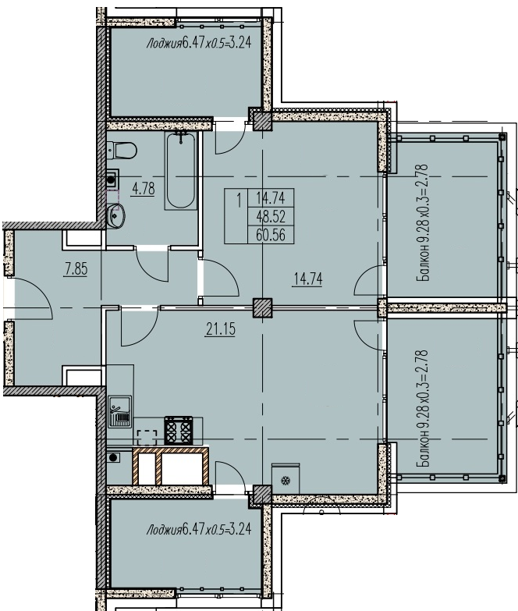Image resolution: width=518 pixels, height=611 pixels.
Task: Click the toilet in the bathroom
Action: coord(122,150)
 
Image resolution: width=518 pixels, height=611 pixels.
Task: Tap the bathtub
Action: coord(180,170)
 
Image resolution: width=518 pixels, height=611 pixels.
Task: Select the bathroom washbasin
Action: coord(115,215)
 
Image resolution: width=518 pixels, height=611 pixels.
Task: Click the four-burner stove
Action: coord(179,430)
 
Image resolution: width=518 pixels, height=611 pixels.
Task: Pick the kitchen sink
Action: coord(120,411)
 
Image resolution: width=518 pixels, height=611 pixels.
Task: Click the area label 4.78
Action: coord(144,189)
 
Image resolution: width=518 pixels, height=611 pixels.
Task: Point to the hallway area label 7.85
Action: coord(76,269)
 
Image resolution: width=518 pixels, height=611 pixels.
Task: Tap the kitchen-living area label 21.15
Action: coord(221,329)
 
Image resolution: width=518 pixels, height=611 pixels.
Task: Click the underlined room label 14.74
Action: coord(308,279)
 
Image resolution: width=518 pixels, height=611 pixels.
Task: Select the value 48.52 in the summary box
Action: coord(271,215)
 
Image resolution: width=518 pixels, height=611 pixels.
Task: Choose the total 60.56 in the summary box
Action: coord(271,235)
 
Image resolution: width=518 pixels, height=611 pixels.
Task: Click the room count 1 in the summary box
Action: coord(239,201)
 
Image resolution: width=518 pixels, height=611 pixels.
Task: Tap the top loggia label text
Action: coord(199,42)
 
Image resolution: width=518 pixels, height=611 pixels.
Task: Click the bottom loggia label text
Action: coord(199,529)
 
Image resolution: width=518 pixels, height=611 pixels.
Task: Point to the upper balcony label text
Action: coord(423,222)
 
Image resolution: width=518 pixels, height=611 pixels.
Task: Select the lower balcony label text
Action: coord(423,408)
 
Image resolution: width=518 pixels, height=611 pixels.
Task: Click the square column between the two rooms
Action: coord(262,307)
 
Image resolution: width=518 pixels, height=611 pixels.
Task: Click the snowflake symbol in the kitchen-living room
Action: coord(286,481)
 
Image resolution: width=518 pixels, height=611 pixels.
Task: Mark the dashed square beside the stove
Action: coord(147,438)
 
